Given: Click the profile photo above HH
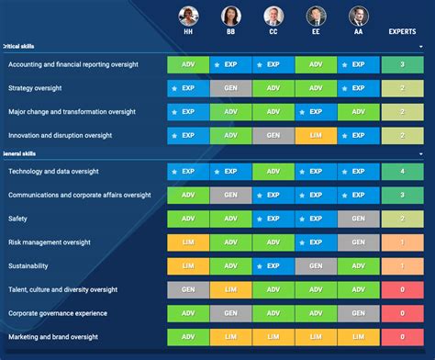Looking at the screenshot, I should (x=188, y=16).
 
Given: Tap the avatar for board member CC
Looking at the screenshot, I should (x=273, y=16).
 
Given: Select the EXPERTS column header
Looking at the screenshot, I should (x=402, y=30).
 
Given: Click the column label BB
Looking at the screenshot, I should (x=230, y=30).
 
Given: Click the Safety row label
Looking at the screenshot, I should (x=19, y=219).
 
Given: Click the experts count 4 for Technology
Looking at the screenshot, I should (x=402, y=171).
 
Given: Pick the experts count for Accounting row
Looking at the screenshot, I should (x=402, y=64).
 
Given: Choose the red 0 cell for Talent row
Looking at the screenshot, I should (x=402, y=289).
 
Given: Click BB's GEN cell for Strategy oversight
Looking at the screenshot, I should (x=230, y=88).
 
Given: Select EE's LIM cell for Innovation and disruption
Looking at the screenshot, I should (x=316, y=135).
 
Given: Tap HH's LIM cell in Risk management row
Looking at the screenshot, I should (x=188, y=242).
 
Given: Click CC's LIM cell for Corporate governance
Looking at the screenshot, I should (x=273, y=313).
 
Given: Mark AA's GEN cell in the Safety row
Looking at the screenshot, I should (x=358, y=219).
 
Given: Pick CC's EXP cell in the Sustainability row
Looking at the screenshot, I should (x=273, y=265).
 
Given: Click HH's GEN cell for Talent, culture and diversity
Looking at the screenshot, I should (x=188, y=289).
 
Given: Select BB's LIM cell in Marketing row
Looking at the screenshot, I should (x=230, y=337).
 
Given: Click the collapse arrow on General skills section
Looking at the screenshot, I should (x=420, y=153).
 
